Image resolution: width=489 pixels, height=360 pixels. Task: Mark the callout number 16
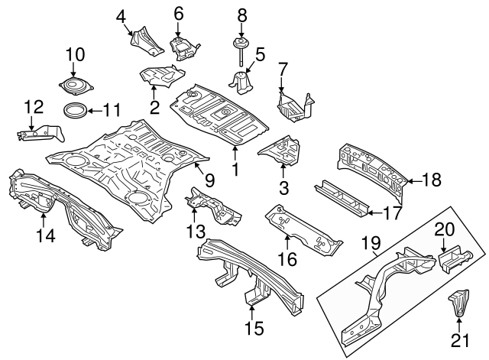(x=286, y=260)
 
